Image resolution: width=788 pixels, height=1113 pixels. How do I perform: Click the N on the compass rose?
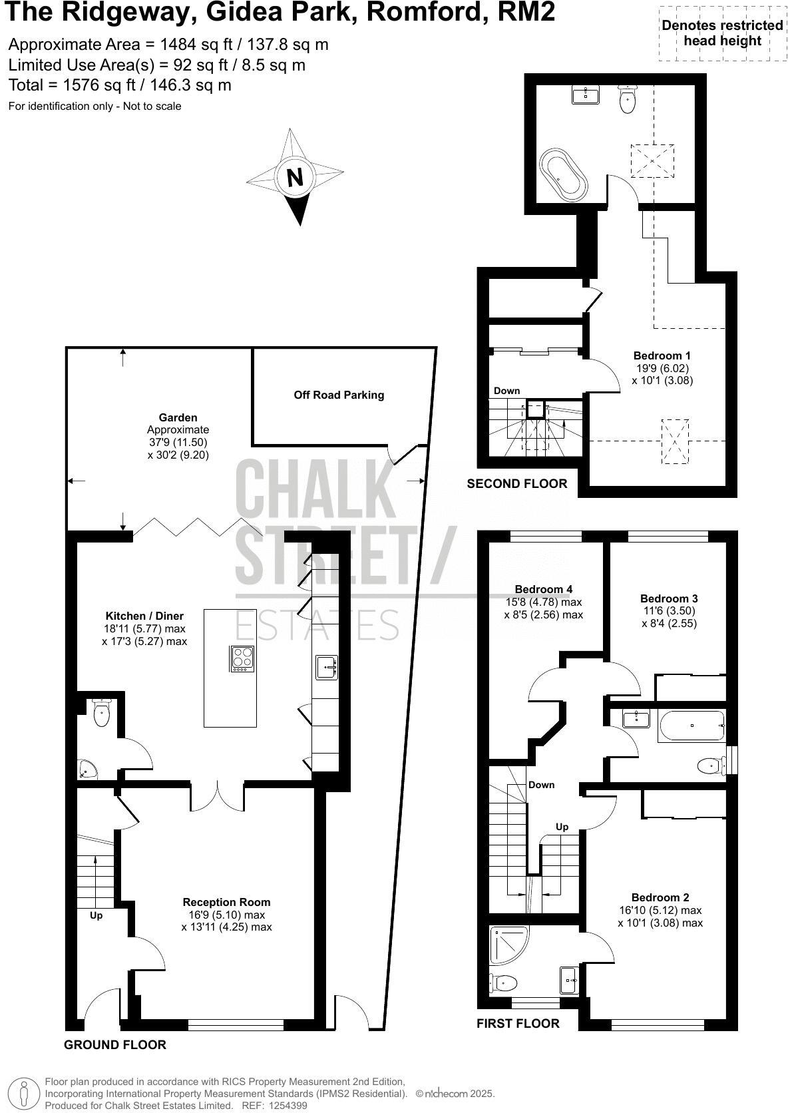click(294, 177)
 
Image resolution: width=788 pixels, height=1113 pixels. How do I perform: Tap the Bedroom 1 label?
click(662, 355)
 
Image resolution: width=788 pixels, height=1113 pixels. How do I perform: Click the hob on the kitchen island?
click(242, 659)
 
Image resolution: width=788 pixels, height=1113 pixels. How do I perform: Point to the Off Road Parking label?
click(339, 395)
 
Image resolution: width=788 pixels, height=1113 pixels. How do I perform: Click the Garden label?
click(178, 417)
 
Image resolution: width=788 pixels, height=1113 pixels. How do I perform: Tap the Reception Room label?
click(226, 902)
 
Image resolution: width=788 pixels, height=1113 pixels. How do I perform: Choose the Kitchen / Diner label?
click(144, 616)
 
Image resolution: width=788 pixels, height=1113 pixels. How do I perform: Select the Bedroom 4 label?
click(543, 589)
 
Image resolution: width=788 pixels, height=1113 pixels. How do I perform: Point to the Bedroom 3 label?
click(669, 598)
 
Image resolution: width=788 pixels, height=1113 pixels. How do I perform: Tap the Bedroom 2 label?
click(660, 897)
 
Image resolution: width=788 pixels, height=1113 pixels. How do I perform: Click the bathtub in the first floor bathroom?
click(691, 726)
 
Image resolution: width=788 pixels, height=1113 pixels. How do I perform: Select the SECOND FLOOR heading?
click(517, 484)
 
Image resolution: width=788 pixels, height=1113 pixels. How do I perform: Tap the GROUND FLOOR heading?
click(114, 1044)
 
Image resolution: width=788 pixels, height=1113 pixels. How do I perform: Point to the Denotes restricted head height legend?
click(722, 33)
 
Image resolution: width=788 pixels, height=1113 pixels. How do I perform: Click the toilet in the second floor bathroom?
click(627, 99)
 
